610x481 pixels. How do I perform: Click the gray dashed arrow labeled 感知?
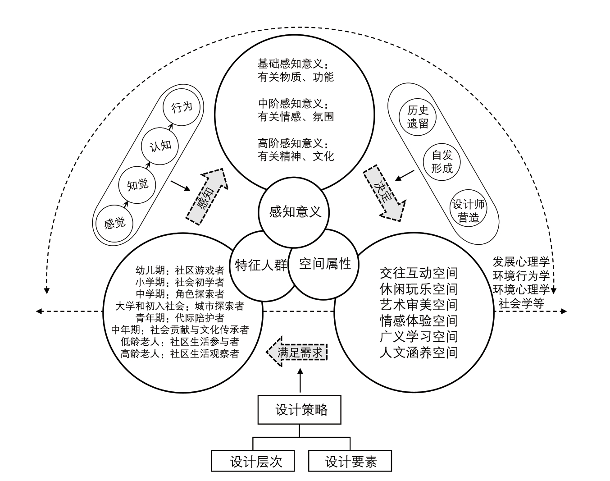tap(207, 197)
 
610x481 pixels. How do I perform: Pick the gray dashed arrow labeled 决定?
tap(385, 193)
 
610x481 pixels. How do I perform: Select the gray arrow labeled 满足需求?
tap(296, 352)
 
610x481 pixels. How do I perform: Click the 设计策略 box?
tap(300, 410)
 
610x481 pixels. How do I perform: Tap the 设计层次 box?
tap(253, 461)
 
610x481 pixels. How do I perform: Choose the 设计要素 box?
tap(350, 461)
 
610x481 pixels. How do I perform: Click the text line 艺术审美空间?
tap(419, 305)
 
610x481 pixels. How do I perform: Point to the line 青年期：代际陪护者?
tap(180, 318)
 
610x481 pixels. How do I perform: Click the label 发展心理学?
tap(521, 262)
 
